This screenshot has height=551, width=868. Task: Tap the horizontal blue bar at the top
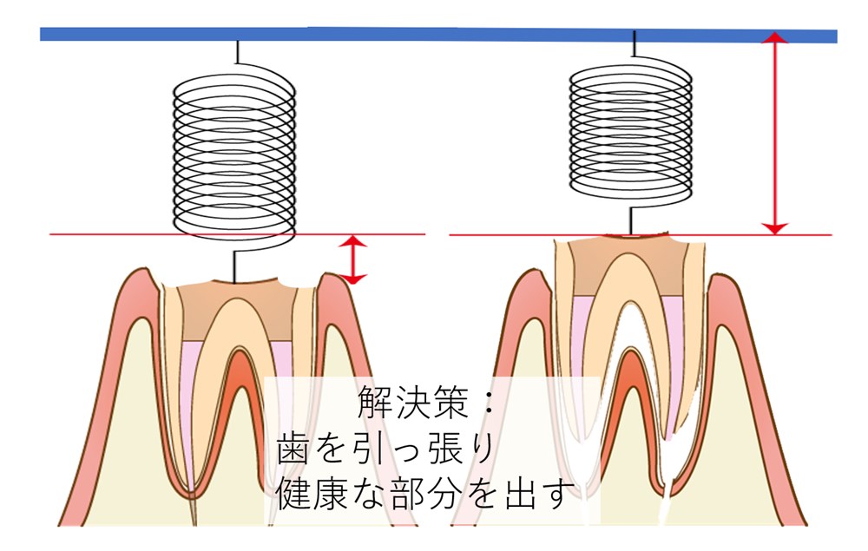(x=438, y=35)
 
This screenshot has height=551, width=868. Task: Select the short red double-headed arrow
(x=352, y=259)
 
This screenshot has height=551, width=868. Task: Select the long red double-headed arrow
(x=775, y=133)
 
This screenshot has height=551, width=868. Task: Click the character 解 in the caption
(x=375, y=402)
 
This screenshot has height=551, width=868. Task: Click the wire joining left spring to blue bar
(x=238, y=53)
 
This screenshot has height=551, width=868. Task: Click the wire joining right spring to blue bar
(x=634, y=43)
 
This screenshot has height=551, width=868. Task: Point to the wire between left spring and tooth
(x=234, y=267)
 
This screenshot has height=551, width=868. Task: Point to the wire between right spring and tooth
(x=630, y=220)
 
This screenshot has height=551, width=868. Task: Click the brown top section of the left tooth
(x=235, y=310)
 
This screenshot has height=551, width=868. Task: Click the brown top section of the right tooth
(x=628, y=266)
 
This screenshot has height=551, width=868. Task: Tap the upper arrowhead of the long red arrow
(x=775, y=37)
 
